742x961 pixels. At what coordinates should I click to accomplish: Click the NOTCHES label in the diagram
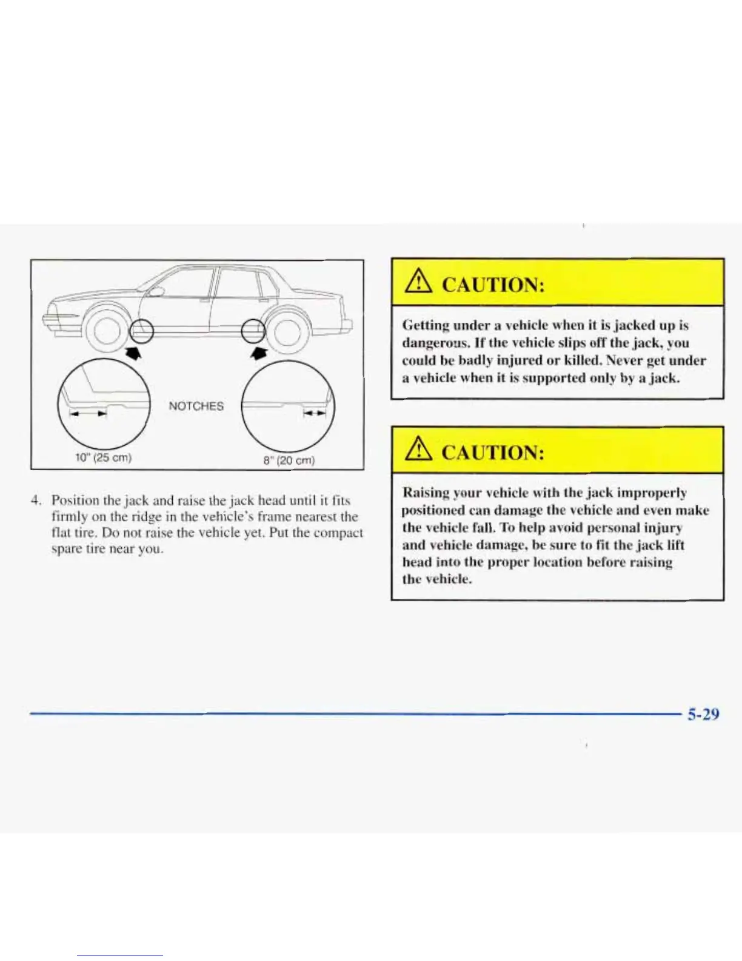(196, 406)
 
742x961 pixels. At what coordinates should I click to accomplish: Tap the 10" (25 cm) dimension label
(102, 457)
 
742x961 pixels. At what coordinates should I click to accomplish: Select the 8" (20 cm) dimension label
(289, 460)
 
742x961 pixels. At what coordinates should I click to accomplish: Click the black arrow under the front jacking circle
(133, 353)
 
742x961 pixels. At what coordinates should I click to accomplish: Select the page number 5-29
(703, 714)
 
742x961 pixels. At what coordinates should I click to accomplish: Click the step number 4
(37, 501)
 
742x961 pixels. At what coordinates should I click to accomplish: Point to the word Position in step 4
(76, 501)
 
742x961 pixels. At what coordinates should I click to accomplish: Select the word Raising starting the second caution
(426, 493)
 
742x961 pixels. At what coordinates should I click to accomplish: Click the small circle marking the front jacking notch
(142, 331)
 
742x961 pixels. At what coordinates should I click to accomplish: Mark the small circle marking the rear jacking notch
(253, 332)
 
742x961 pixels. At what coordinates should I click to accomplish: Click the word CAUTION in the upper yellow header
(492, 284)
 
